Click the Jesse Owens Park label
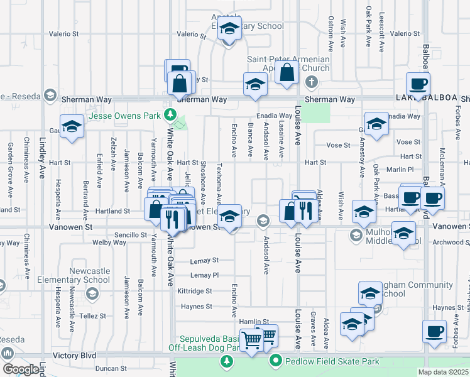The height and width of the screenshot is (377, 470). point(124,116)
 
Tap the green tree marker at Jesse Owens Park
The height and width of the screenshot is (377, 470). point(170,115)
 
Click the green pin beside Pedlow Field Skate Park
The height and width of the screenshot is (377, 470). point(275,361)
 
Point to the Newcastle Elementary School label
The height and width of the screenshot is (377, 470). point(74,275)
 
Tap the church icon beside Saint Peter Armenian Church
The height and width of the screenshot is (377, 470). point(311,83)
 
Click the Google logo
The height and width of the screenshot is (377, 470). point(21,369)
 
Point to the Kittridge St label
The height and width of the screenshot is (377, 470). point(195,291)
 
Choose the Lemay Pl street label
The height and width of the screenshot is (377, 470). point(204,275)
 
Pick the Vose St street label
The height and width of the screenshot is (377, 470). point(338,145)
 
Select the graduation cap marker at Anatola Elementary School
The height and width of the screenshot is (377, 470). point(229,29)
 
